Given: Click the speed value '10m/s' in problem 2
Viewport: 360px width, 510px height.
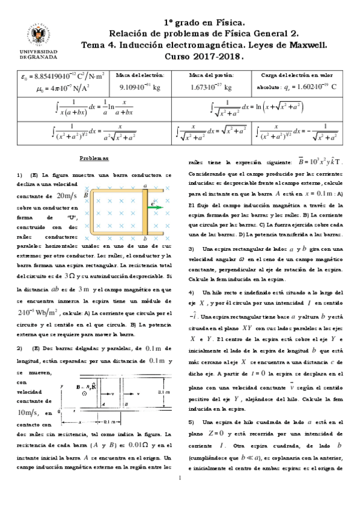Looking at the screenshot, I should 29,413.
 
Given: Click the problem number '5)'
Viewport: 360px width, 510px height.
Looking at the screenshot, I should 191,422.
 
